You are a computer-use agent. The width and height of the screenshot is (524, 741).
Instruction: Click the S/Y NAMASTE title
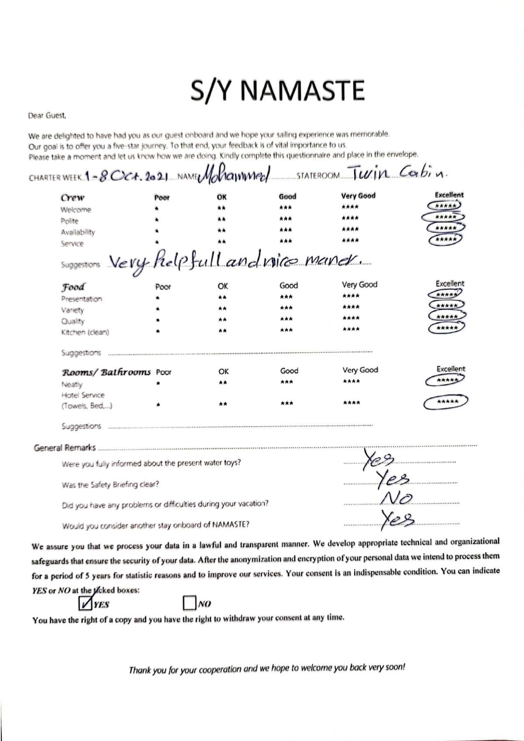pos(277,90)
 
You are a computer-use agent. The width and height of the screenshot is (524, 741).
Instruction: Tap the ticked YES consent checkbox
pos(84,603)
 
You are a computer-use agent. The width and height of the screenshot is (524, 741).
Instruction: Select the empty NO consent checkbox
pos(189,603)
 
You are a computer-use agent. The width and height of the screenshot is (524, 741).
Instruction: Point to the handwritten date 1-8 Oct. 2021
pos(127,176)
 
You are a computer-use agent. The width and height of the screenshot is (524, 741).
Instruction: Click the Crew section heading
pos(72,197)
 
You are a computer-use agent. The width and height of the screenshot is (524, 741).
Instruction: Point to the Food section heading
pos(73,287)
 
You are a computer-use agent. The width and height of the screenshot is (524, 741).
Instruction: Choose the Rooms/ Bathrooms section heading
pos(106,372)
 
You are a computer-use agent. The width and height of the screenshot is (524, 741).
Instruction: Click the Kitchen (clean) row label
pos(85,332)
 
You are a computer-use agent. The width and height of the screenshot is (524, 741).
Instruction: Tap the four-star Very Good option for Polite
pos(350,218)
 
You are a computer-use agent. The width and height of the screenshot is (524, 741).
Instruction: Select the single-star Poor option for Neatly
pos(158,384)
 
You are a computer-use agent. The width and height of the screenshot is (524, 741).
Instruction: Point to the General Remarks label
pos(65,448)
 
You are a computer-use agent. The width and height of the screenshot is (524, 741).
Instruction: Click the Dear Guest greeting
pos(47,116)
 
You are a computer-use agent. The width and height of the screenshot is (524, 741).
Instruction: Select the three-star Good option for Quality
pos(286,319)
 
